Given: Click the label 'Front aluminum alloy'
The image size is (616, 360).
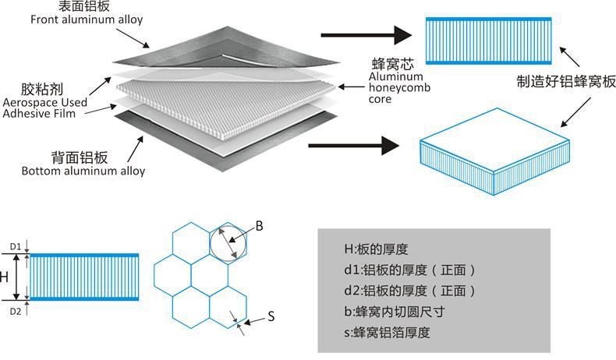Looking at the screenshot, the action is [87, 19].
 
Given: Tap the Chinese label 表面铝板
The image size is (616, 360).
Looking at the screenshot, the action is [84, 6].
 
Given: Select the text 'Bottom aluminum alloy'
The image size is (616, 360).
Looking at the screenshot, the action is [83, 171].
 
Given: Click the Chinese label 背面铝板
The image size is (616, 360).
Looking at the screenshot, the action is [80, 157].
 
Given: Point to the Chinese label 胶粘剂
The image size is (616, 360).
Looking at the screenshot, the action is [42, 89].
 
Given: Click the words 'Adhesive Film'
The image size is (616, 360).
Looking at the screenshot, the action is [39, 114].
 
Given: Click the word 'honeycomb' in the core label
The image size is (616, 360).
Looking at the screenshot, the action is [399, 87].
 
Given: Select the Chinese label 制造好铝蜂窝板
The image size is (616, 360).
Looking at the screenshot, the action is [566, 82].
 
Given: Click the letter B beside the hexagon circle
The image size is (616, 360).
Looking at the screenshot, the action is [260, 226].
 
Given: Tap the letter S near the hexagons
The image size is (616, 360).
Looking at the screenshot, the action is [271, 316].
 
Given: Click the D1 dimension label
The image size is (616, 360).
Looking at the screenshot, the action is [16, 246].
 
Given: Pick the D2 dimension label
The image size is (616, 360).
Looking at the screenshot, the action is [16, 312].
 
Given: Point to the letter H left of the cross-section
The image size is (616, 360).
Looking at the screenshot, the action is [4, 277].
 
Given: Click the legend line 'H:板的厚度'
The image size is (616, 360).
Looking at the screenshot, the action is [376, 249].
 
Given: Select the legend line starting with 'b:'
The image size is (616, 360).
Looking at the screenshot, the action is [395, 312].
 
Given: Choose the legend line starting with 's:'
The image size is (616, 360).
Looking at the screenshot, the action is [387, 333].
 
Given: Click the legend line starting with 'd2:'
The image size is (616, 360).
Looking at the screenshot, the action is [409, 291].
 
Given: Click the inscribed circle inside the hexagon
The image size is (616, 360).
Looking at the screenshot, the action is [210, 243].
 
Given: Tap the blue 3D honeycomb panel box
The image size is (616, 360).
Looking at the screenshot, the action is [494, 151].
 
